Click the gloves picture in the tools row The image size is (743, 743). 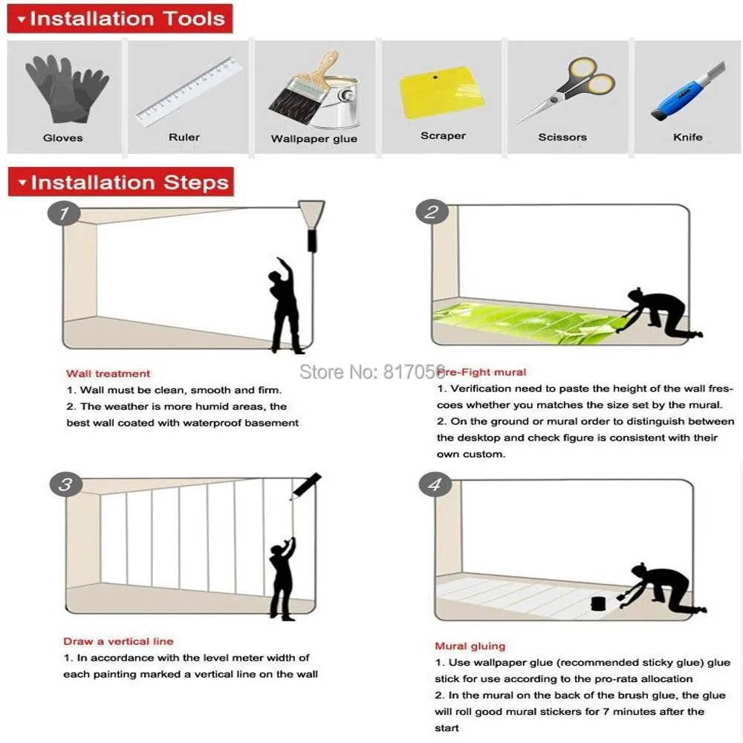click(66, 88)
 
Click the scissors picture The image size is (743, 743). click(568, 88)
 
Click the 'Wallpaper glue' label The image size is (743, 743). click(314, 139)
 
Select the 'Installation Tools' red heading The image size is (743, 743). click(120, 19)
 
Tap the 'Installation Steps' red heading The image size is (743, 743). click(121, 182)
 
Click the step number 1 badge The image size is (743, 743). click(65, 214)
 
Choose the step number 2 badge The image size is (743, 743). click(431, 212)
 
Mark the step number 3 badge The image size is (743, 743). click(65, 485)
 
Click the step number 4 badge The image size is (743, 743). click(435, 486)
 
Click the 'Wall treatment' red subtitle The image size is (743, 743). click(108, 374)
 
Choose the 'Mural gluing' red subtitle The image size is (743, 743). click(470, 646)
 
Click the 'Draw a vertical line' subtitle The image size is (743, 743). click(118, 641)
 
